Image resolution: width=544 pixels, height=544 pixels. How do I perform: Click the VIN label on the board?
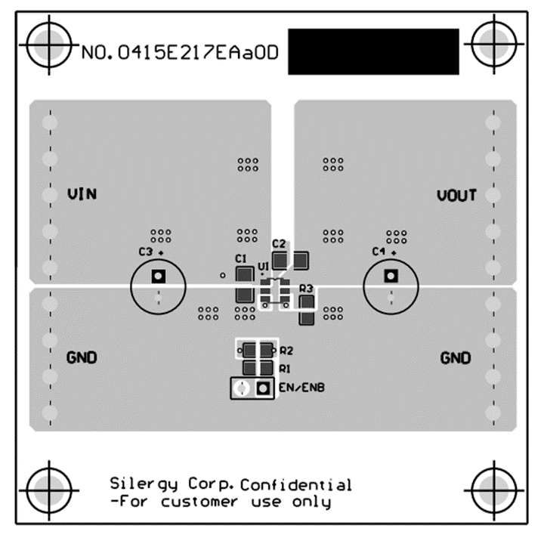point(82,194)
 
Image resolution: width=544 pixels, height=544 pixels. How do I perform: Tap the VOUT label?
point(456,196)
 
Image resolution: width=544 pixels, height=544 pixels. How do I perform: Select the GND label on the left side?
point(82,357)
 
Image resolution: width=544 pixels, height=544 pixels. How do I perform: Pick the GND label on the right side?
point(456,357)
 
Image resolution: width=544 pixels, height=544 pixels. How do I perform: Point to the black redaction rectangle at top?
point(373,51)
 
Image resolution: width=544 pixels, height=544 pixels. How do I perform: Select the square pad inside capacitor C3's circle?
point(159,276)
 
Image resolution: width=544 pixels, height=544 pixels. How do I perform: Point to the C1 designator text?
point(241,258)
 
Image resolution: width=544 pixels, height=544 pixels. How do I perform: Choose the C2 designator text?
point(278,244)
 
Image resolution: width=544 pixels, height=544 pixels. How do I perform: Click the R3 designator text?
point(306,289)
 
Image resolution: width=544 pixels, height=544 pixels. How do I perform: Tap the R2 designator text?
point(286,351)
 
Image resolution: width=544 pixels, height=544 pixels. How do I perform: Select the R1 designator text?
point(285,369)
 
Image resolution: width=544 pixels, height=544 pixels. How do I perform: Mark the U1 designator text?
point(263,267)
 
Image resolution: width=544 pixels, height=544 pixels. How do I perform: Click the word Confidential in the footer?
point(296,484)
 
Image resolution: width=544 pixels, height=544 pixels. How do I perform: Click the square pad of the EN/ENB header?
point(263,388)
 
